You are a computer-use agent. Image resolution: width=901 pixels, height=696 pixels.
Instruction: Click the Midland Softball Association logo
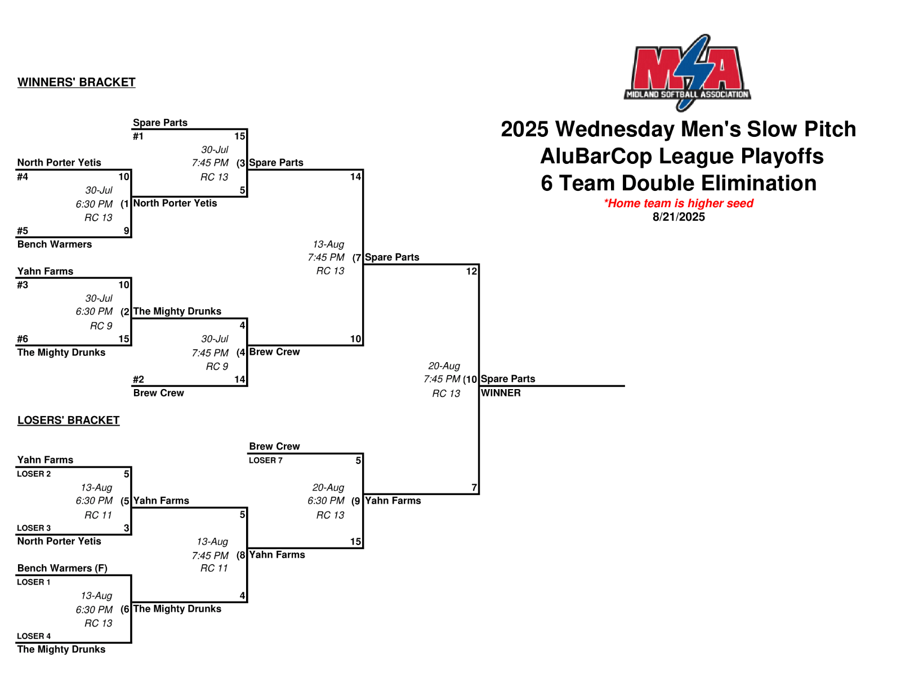pyautogui.click(x=687, y=72)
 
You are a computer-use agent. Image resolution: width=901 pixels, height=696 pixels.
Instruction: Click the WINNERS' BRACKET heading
pyautogui.click(x=76, y=82)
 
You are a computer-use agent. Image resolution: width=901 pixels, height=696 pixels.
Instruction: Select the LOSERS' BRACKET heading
pyautogui.click(x=68, y=420)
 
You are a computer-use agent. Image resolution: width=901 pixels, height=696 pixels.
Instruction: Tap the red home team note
pyautogui.click(x=678, y=203)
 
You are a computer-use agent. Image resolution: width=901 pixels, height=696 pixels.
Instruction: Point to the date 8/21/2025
pyautogui.click(x=679, y=217)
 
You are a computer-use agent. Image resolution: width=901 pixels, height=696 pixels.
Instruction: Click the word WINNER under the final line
pyautogui.click(x=501, y=393)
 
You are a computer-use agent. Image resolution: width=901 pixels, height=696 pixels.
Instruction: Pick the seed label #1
pyautogui.click(x=138, y=136)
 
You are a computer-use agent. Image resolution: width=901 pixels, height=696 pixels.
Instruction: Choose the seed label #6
pyautogui.click(x=23, y=339)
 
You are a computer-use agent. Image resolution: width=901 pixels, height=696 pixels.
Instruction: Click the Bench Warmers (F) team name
pyautogui.click(x=62, y=568)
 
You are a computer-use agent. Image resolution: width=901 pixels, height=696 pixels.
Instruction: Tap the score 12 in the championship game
pyautogui.click(x=471, y=271)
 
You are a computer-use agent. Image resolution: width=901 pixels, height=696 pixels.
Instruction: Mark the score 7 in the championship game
pyautogui.click(x=474, y=488)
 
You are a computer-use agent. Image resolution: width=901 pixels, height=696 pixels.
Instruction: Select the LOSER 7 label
pyautogui.click(x=266, y=461)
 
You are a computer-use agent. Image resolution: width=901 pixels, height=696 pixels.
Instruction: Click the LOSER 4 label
pyautogui.click(x=34, y=636)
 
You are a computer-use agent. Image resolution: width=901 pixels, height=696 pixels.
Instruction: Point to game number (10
pyautogui.click(x=470, y=380)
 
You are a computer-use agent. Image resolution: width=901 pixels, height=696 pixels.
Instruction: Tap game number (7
pyautogui.click(x=356, y=258)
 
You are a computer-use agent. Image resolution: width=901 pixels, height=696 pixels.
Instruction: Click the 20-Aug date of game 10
pyautogui.click(x=444, y=366)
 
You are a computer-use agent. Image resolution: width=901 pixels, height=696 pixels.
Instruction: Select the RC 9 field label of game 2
pyautogui.click(x=101, y=326)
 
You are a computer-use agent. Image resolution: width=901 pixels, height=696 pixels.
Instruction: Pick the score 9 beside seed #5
pyautogui.click(x=126, y=231)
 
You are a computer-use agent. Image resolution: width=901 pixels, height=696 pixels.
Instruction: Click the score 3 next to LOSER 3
pyautogui.click(x=126, y=528)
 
